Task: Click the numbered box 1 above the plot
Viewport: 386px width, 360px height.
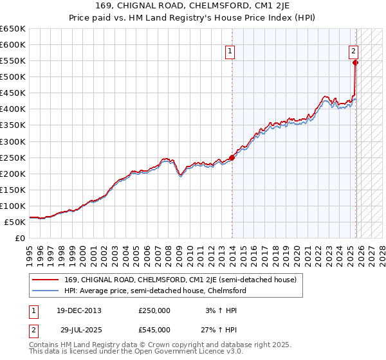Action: click(x=230, y=53)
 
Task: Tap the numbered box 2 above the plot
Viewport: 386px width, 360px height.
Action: click(x=353, y=53)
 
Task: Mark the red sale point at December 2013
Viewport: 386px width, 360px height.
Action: click(x=232, y=157)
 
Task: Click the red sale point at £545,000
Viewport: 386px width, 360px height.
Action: click(x=355, y=62)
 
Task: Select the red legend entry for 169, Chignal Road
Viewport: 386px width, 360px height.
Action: click(x=180, y=280)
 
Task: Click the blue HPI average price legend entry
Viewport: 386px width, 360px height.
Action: click(x=155, y=291)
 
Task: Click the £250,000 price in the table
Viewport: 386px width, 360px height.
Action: click(x=154, y=310)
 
